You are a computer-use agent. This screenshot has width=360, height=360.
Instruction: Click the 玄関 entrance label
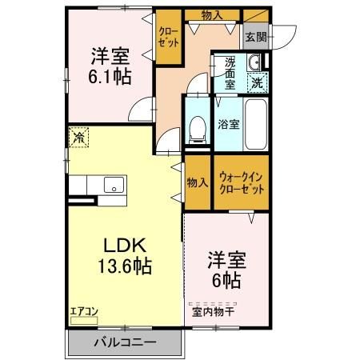(x=254, y=35)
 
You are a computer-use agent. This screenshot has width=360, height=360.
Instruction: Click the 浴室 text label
(x=229, y=124)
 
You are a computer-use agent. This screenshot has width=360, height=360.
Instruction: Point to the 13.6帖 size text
(x=121, y=265)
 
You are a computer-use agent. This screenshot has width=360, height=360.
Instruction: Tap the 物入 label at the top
(x=211, y=14)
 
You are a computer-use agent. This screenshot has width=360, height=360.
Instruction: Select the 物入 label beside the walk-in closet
(x=198, y=182)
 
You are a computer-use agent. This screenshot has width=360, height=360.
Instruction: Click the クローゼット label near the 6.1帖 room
(x=168, y=37)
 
